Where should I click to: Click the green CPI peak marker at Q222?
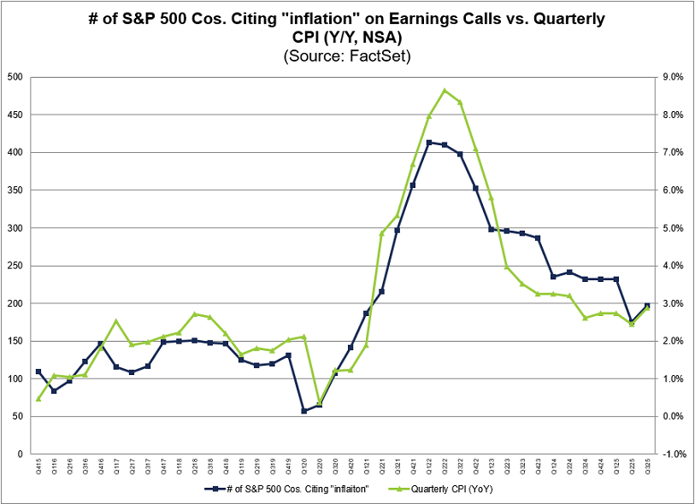click(445, 90)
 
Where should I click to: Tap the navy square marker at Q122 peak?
click(429, 143)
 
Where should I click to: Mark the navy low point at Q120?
click(303, 411)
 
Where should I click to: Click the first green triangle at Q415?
click(38, 398)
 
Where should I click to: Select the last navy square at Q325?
click(648, 305)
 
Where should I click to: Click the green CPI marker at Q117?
click(116, 321)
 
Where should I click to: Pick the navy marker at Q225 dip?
click(632, 322)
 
